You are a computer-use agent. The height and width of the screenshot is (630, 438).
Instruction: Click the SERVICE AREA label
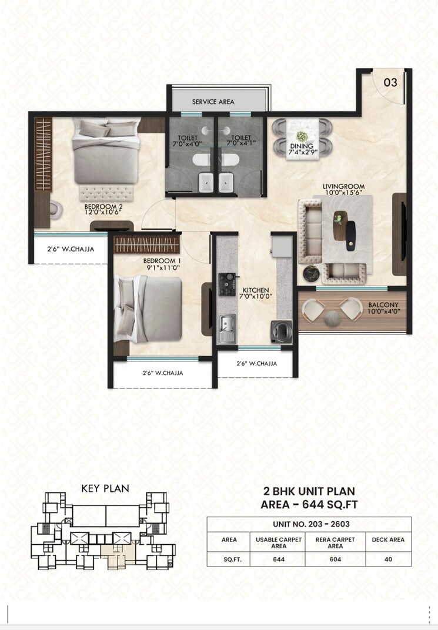tap(213, 102)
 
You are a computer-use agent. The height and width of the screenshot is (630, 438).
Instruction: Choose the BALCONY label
tap(384, 305)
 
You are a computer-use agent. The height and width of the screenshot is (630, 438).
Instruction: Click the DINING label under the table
tap(305, 146)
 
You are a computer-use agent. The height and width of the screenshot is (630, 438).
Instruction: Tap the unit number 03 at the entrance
tap(390, 83)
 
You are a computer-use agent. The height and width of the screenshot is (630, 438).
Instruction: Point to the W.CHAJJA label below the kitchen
tap(256, 363)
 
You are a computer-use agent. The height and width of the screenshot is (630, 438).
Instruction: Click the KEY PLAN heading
tap(105, 488)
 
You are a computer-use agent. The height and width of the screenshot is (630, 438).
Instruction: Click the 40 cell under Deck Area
tap(387, 559)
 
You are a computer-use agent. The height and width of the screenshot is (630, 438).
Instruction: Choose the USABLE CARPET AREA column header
tap(279, 542)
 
